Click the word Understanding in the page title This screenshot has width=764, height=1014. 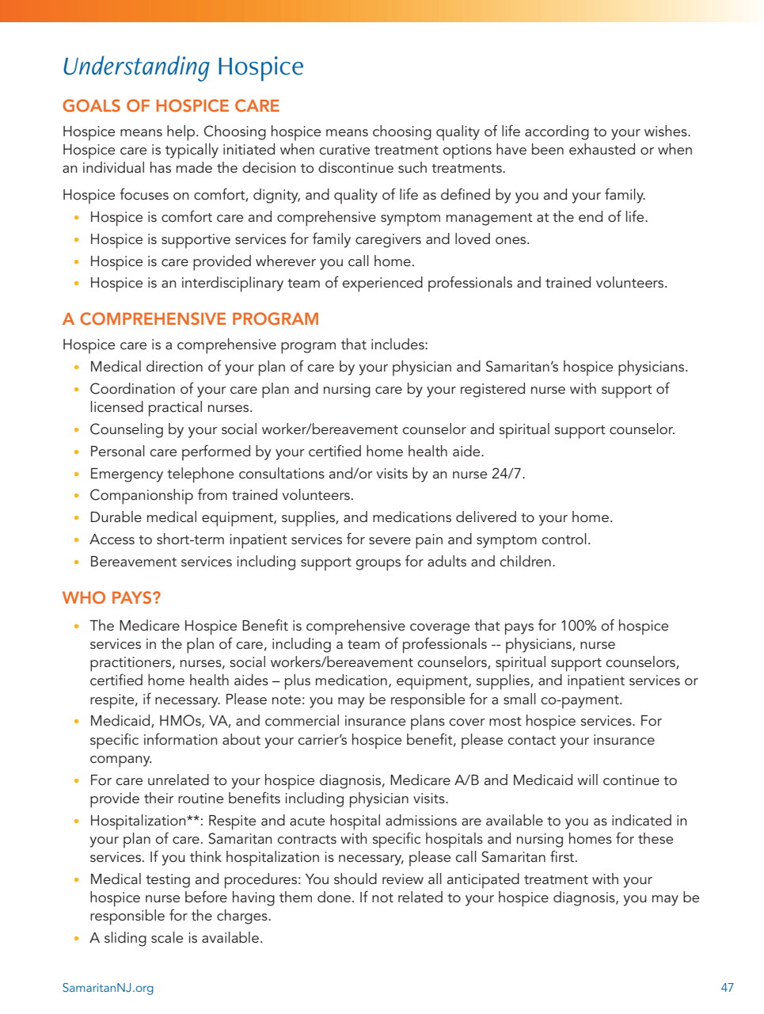135,67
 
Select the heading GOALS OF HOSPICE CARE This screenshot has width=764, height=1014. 171,106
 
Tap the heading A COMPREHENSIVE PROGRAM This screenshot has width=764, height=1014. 191,319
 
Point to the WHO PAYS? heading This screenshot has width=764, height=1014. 112,598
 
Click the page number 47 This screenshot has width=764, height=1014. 727,988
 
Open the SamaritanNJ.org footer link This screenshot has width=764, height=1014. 108,988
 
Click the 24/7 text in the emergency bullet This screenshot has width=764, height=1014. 509,474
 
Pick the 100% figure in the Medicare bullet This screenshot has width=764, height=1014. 578,626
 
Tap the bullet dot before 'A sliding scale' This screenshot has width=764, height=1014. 76,939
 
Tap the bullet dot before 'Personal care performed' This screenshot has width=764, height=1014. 76,452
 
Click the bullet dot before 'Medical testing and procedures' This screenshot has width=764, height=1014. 76,880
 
